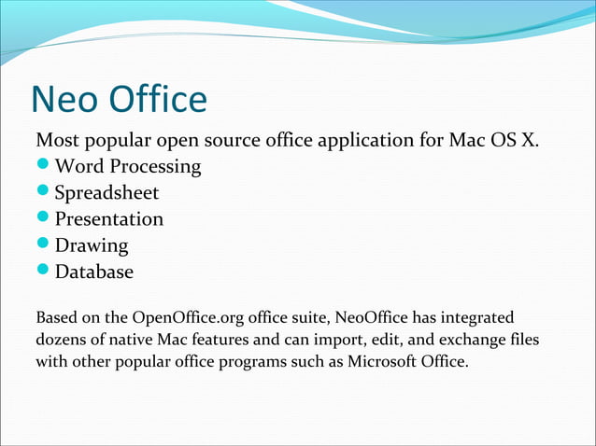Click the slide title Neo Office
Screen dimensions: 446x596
click(119, 99)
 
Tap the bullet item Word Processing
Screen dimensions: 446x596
click(128, 167)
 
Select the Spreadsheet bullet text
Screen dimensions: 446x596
click(106, 193)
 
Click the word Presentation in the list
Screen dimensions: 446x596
click(108, 219)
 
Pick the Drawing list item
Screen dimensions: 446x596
click(92, 246)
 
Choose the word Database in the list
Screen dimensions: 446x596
click(94, 272)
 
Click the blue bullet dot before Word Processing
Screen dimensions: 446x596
click(43, 167)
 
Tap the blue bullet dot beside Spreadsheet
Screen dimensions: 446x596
click(43, 193)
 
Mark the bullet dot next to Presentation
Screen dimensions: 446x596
click(43, 219)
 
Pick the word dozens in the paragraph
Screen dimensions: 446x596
click(61, 341)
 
